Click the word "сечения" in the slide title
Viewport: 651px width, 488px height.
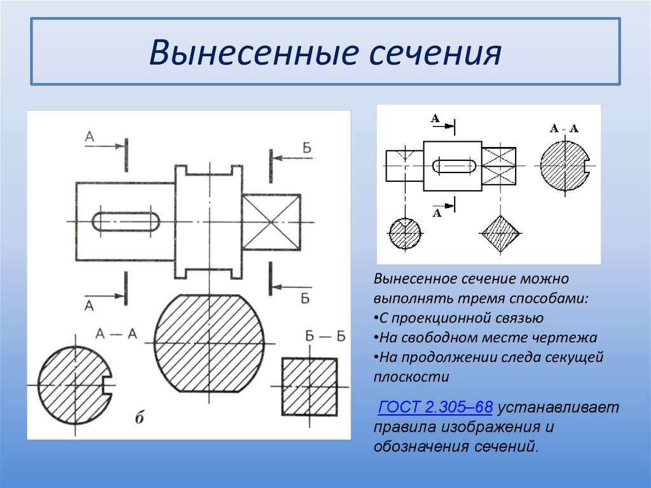coord(435,53)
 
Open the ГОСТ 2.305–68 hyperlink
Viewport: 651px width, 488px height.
coord(435,407)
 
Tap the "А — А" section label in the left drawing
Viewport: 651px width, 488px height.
coord(116,333)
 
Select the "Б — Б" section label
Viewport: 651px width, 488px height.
coord(325,336)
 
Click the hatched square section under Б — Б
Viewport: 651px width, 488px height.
coord(310,387)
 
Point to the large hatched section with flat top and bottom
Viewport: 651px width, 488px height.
coord(209,344)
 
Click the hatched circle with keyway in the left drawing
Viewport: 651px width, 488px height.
coord(75,385)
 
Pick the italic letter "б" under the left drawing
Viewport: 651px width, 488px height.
coord(139,417)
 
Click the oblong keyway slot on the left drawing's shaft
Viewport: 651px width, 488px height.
coord(125,221)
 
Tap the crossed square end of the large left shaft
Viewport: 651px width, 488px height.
coord(271,223)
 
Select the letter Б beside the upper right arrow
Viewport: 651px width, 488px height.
coord(307,148)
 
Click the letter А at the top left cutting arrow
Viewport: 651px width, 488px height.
coord(90,136)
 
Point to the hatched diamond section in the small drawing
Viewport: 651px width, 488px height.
coord(501,234)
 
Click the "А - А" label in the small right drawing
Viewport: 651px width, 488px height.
coord(564,129)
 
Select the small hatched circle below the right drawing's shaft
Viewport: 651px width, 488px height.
coord(405,234)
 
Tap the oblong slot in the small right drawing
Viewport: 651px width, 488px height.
coord(454,166)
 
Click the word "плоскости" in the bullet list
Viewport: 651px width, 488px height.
coord(411,377)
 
